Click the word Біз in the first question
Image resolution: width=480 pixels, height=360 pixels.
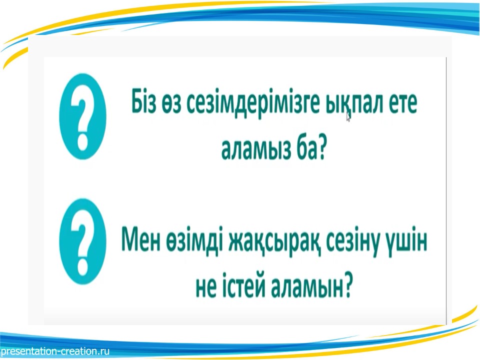(143, 101)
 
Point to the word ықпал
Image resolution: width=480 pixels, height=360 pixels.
(354, 104)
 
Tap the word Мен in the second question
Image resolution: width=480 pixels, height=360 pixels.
(141, 239)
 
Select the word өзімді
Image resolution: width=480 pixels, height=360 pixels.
(194, 240)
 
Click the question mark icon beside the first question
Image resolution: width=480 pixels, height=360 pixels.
(82, 116)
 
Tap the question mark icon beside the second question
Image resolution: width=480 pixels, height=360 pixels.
(82, 241)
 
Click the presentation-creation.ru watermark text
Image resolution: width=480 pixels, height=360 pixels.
(55, 351)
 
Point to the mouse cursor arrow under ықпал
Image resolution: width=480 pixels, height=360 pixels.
(348, 116)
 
